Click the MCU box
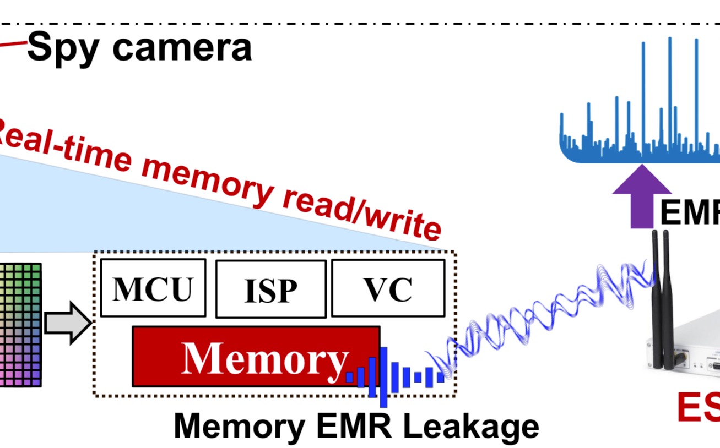tap(153, 287)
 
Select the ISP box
tap(270, 289)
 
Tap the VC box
tap(388, 288)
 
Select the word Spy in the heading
tap(66, 47)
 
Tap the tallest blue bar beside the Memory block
tap(383, 376)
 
